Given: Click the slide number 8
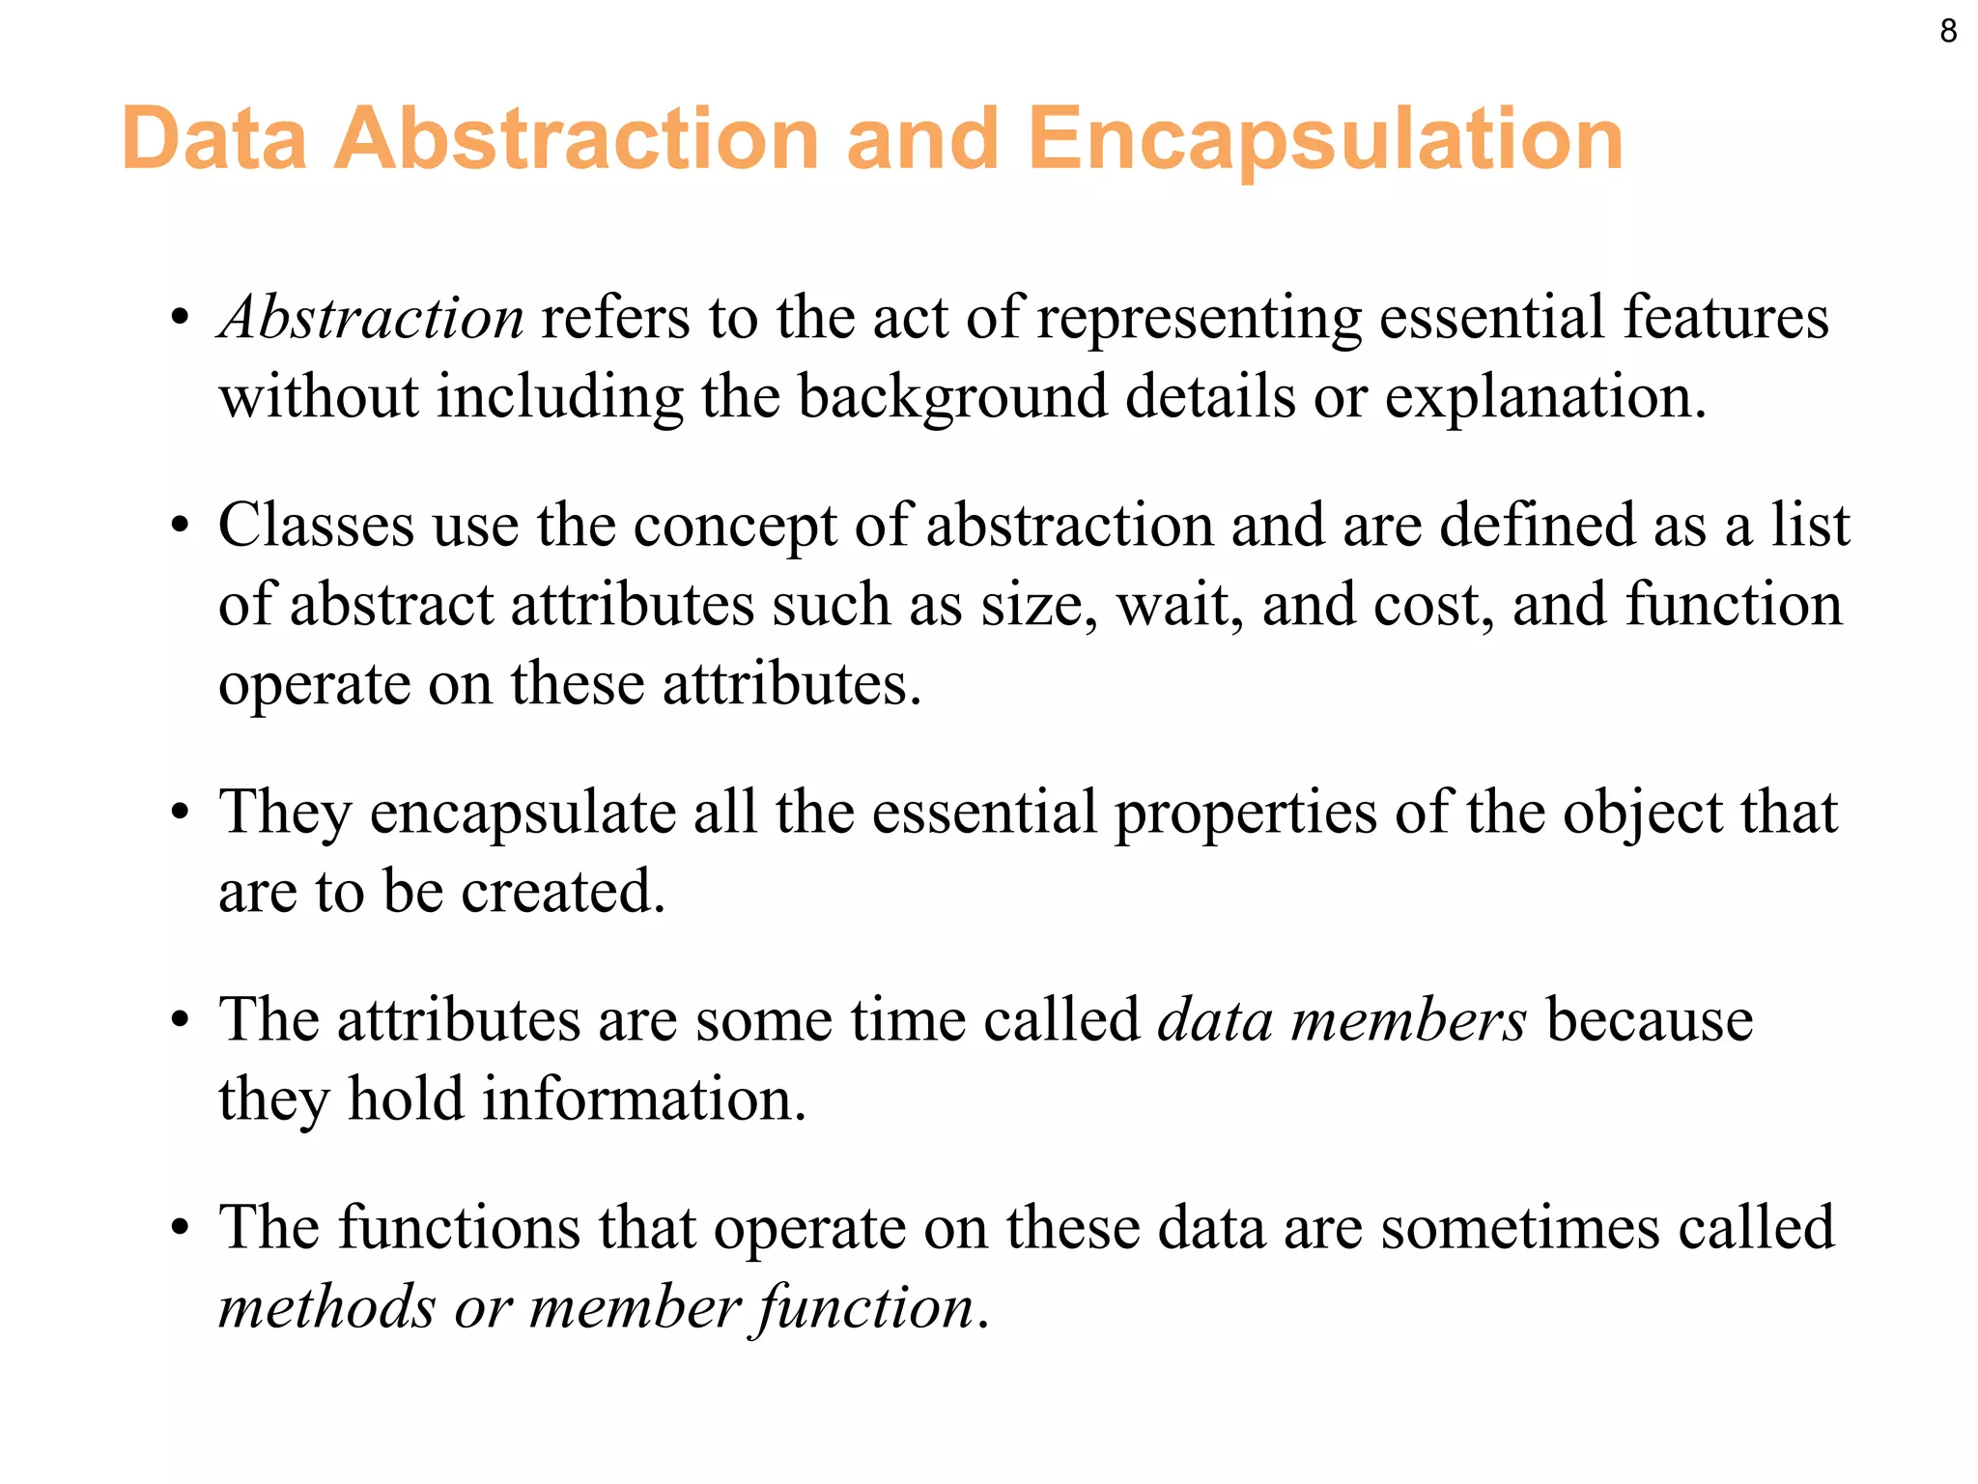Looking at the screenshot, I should click(x=1948, y=32).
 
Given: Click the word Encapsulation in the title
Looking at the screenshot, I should click(x=1325, y=140).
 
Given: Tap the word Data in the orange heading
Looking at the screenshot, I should click(x=214, y=140).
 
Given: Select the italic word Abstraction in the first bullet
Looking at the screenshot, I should click(x=372, y=318).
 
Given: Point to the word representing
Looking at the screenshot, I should click(x=1200, y=320).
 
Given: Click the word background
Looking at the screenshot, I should click(x=952, y=398).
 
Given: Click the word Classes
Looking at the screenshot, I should click(x=316, y=526).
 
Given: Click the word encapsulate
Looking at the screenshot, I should click(x=523, y=813).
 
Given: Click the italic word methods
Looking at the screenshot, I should click(x=327, y=1308).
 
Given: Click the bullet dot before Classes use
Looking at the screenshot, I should click(x=180, y=528).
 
